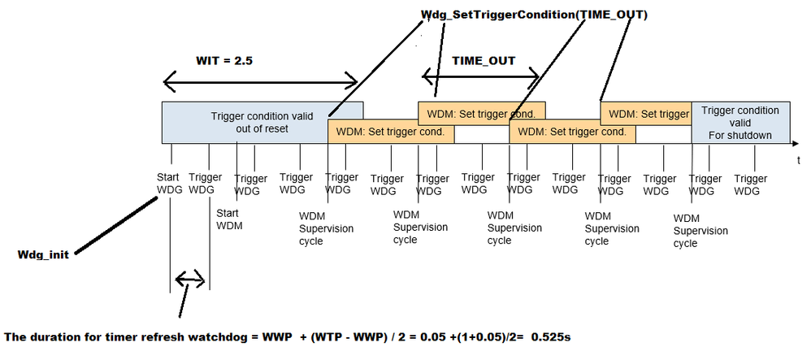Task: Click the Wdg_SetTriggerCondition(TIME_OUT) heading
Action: [x=534, y=14]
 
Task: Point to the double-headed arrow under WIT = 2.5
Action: [x=260, y=80]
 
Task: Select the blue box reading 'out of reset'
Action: [x=262, y=122]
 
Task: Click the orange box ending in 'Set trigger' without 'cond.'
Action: [x=645, y=114]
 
